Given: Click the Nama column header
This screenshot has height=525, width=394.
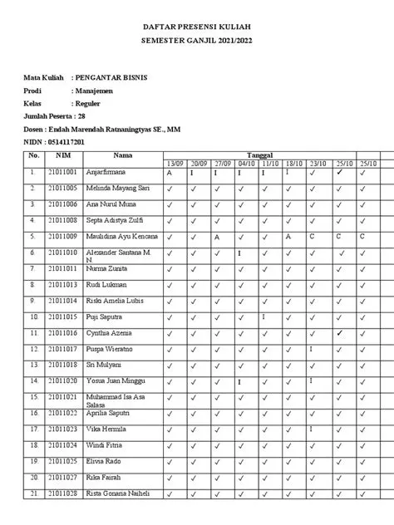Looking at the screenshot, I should [x=123, y=155].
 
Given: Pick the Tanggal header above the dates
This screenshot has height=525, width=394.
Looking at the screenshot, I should [x=263, y=155].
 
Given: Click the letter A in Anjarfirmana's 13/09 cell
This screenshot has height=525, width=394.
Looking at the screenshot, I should [x=169, y=174].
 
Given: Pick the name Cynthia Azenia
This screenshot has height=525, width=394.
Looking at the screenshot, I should [x=111, y=332].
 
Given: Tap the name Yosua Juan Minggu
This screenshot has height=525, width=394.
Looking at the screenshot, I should [x=115, y=380].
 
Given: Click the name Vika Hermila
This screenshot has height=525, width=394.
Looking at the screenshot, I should [x=106, y=429].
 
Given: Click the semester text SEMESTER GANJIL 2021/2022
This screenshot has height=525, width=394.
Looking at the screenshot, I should [x=197, y=41].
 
